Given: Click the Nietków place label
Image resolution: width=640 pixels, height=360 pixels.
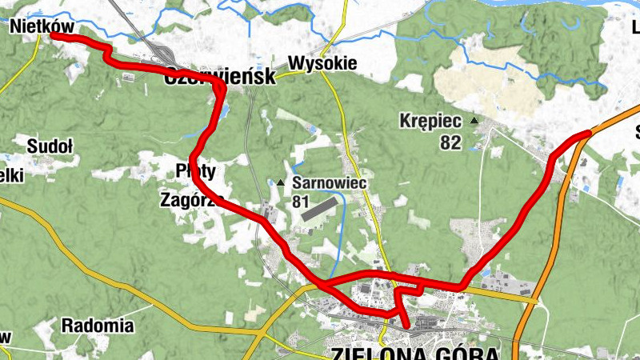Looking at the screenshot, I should click(42, 26).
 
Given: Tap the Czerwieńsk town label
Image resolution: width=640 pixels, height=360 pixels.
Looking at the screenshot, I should click(219, 77).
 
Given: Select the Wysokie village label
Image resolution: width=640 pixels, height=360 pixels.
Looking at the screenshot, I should click(322, 62).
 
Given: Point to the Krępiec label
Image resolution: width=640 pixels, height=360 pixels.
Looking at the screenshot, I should click(430, 122).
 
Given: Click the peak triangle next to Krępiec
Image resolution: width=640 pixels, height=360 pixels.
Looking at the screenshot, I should click(474, 121).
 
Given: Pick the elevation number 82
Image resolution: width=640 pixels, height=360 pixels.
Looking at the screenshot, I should click(450, 142).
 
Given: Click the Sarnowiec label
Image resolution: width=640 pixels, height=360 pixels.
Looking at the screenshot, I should click(329, 183).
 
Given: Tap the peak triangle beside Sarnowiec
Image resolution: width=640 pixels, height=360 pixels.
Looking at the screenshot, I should click(281, 184).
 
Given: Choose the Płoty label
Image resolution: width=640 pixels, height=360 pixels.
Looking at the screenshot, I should click(195, 170).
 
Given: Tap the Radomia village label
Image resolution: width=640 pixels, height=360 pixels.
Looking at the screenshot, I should click(98, 326).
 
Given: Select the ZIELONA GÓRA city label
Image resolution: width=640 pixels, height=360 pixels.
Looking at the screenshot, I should click(414, 353).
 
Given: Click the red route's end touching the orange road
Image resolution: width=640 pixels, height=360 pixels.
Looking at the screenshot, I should click(589, 133).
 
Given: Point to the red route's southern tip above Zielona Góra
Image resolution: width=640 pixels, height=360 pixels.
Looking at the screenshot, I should click(407, 325).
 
